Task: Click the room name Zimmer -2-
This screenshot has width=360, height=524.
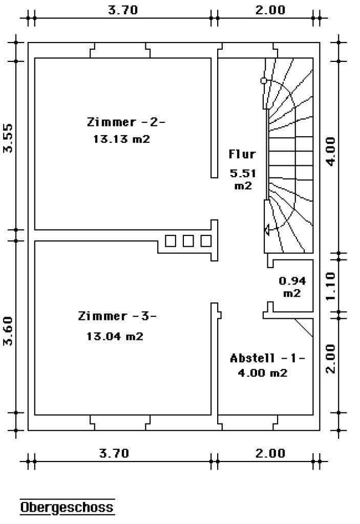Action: coord(126,122)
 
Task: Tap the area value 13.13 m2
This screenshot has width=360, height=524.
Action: coord(121,139)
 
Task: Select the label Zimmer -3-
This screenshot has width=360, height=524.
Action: coord(117,316)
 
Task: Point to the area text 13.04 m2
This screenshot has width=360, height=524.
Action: coord(115,336)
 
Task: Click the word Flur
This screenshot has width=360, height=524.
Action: coord(242,154)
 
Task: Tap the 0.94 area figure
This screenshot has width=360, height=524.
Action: coord(292,280)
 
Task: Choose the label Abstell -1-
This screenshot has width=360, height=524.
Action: coord(267,358)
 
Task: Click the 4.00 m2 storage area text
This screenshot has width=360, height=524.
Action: coord(262,373)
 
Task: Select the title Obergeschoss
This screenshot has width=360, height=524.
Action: coord(67,507)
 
